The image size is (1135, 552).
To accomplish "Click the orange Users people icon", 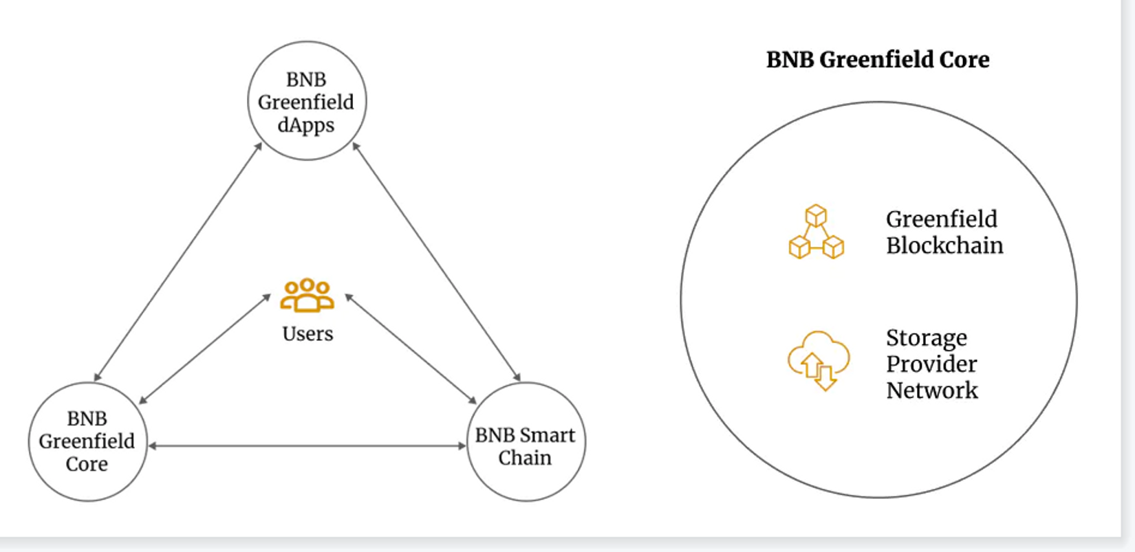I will point(307,295).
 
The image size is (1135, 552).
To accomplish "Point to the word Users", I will point(307,334).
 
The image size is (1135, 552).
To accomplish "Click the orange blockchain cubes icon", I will point(816,232).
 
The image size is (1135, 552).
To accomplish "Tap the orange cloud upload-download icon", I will point(818,360).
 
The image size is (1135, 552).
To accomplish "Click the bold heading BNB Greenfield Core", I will point(878,60).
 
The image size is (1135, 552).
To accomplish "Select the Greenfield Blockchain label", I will point(944,232).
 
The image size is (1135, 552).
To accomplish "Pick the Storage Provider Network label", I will point(931,364).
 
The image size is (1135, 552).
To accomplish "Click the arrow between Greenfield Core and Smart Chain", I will point(307,446).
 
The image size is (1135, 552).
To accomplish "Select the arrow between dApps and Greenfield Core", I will point(177,262).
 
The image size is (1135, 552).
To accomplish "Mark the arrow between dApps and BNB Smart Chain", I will point(436,262).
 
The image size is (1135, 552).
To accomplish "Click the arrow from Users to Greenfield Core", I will point(204,349).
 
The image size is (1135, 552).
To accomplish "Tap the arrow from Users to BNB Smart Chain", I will point(411,349).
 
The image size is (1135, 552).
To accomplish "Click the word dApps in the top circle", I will point(306,125).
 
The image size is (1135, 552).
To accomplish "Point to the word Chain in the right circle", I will point(525,458).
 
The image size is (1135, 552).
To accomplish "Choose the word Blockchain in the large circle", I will point(944,245).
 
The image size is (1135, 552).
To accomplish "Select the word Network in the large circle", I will point(931,390).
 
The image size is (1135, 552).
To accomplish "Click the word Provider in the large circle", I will point(931,364).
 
